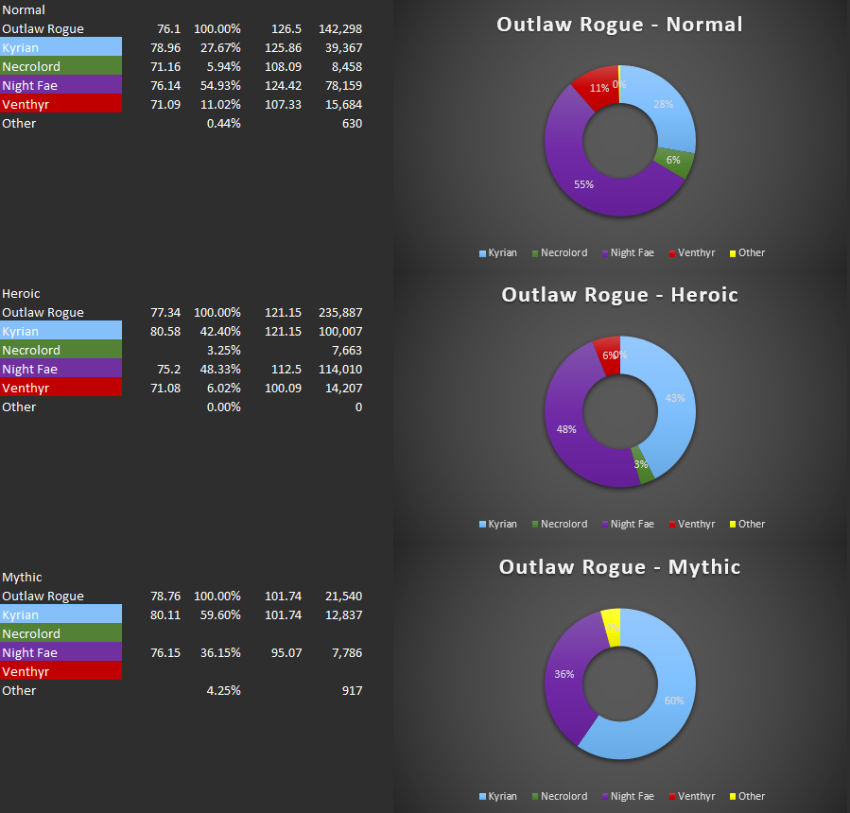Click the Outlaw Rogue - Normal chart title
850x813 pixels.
tap(619, 25)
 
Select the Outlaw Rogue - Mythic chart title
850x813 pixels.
tap(619, 567)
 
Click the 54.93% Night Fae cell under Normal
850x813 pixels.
tap(223, 86)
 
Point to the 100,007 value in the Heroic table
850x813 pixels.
tap(339, 332)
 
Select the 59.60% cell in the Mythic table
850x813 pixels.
tap(223, 615)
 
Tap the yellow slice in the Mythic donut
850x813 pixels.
tap(611, 625)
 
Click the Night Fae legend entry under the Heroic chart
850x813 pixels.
tap(632, 524)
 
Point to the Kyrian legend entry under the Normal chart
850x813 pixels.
tap(498, 252)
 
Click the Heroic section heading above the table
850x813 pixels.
tap(21, 294)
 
